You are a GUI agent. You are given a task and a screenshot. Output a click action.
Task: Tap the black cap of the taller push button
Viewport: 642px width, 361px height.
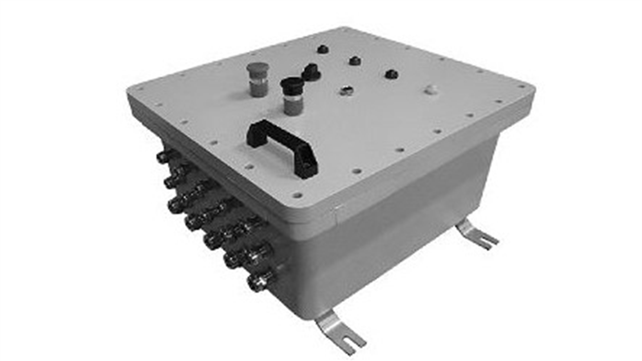click(x=292, y=84)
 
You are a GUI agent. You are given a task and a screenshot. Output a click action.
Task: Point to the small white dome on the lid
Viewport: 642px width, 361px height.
click(x=430, y=89)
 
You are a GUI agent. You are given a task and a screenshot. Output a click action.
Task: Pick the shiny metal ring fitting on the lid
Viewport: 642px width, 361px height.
click(x=346, y=91)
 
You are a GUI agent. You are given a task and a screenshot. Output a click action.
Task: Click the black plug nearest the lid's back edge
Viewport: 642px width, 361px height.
click(x=322, y=49)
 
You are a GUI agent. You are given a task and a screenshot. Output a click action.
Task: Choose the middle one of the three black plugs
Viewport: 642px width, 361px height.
click(x=355, y=60)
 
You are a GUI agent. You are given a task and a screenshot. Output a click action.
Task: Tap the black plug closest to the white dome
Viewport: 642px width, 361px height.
click(x=391, y=74)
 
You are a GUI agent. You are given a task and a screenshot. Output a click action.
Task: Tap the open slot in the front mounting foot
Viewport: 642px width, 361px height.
click(x=353, y=343)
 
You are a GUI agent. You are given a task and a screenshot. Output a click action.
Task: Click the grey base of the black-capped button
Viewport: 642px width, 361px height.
click(x=293, y=106)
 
